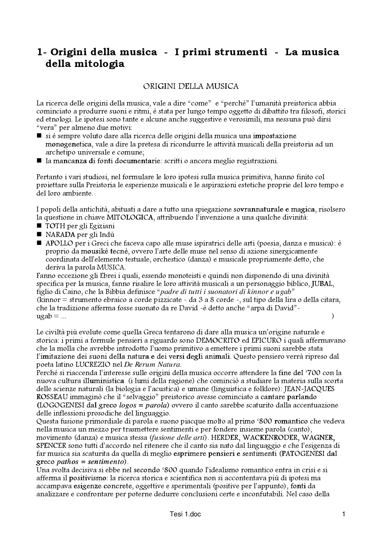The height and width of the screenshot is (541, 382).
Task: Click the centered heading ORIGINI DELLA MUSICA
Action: (191, 87)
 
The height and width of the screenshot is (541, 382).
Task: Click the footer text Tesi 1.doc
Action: (185, 523)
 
